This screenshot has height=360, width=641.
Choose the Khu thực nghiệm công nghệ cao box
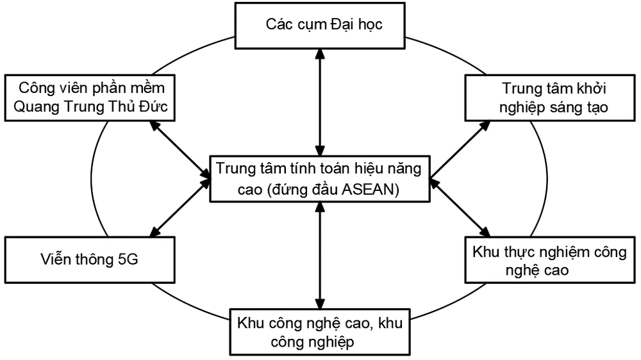coord(551,261)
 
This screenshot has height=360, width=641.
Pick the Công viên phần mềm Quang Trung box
coord(90,97)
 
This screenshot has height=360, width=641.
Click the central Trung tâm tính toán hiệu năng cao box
coord(319,179)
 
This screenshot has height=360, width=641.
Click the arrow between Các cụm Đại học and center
coord(319,102)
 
